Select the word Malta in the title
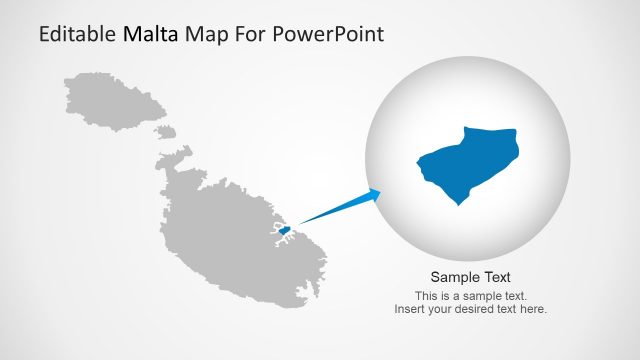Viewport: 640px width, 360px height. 151,35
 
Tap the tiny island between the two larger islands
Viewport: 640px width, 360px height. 167,131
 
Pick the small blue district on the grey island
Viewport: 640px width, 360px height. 284,231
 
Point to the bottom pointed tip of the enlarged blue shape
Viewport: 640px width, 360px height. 459,203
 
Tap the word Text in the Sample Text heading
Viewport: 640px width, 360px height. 497,278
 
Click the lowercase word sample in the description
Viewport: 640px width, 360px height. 484,296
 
